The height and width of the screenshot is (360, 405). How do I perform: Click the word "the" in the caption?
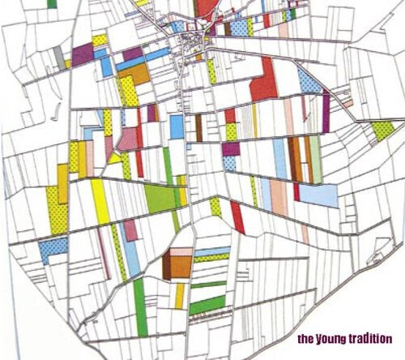coord(305,338)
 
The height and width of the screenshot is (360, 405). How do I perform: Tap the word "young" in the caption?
coord(331,339)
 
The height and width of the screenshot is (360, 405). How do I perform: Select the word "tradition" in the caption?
coord(372,338)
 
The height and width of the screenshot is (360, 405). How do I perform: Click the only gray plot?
coord(59,56)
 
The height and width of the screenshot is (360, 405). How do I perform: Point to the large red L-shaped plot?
coord(266,81)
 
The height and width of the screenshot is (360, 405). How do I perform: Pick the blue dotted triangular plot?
coord(309,80)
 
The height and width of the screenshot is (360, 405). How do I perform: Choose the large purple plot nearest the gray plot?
coord(83,54)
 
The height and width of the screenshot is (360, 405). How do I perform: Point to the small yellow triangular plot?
coord(116,158)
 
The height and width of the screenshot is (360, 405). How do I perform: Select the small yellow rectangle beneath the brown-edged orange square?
coord(180,295)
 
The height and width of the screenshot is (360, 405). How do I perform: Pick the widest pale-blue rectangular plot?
coord(319,195)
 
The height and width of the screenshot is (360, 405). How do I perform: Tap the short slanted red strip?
coord(237,217)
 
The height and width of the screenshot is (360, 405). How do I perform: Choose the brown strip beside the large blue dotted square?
coord(198,126)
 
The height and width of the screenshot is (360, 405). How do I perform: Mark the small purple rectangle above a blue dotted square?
coord(231,148)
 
